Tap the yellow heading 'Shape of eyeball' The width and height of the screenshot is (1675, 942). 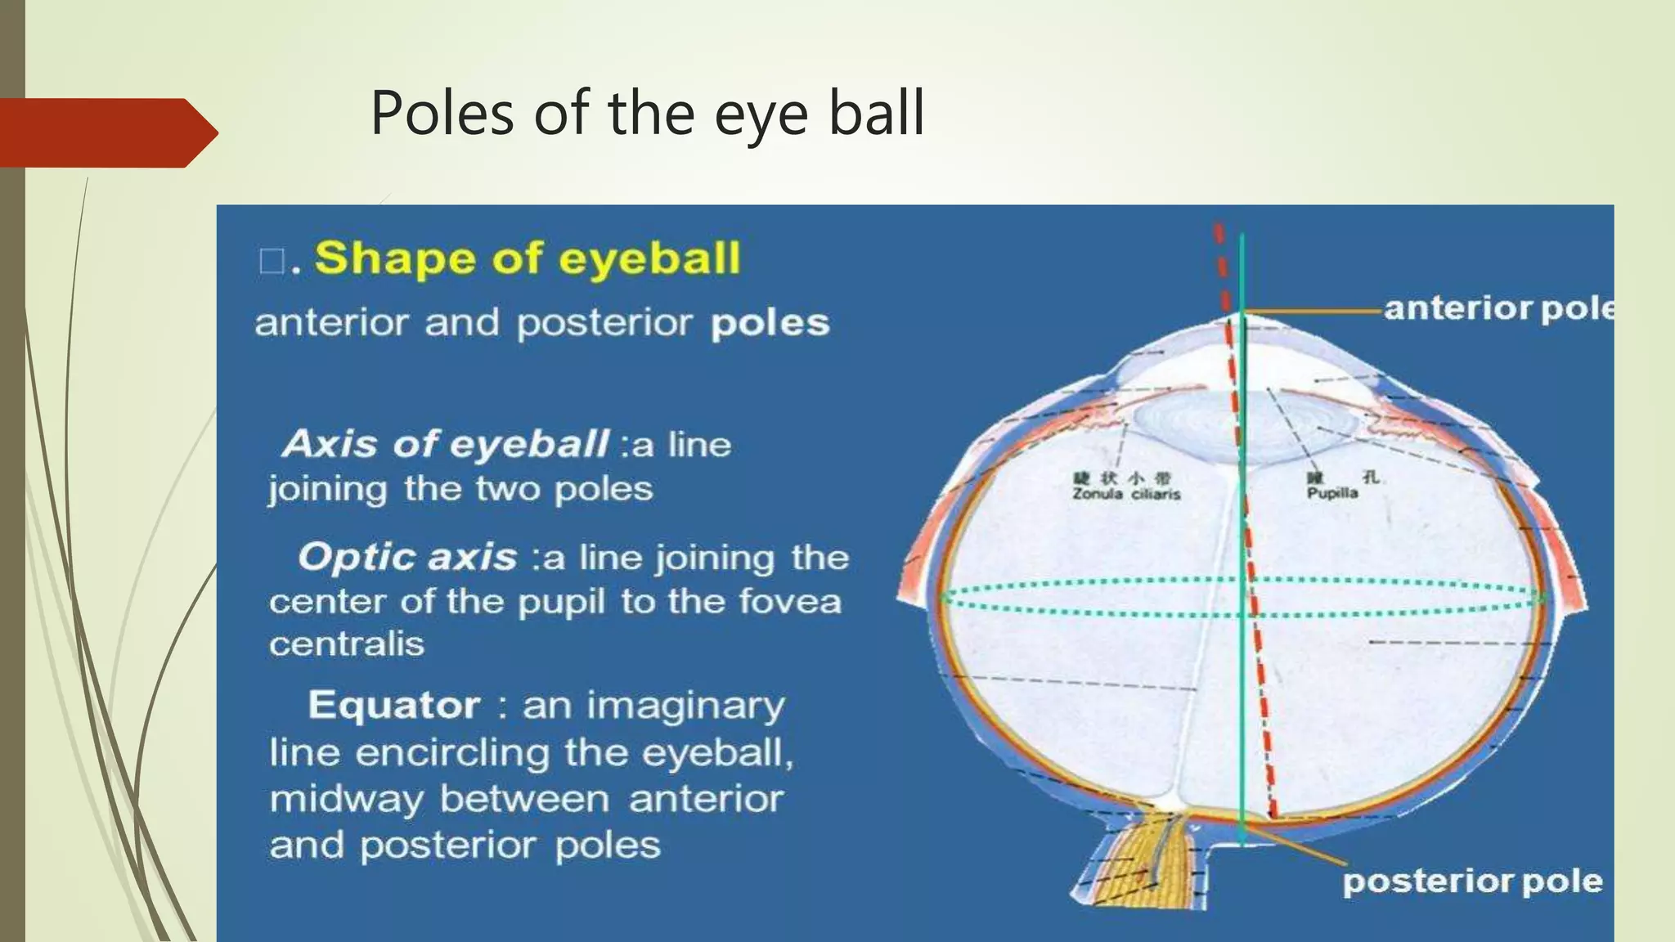pyautogui.click(x=528, y=258)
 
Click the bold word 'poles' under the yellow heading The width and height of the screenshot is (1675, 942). pyautogui.click(x=770, y=323)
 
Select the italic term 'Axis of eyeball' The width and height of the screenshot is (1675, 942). pyautogui.click(x=445, y=445)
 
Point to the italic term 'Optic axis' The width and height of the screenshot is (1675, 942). pyautogui.click(x=407, y=558)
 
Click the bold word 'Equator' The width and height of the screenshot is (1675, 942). pyautogui.click(x=393, y=705)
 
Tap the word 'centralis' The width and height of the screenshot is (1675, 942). pyautogui.click(x=347, y=644)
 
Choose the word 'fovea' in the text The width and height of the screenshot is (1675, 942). pyautogui.click(x=790, y=602)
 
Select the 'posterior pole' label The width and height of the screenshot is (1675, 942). pyautogui.click(x=1472, y=881)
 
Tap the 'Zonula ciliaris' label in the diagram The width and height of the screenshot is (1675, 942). pyautogui.click(x=1126, y=494)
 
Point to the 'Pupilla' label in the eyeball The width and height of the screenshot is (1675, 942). pyautogui.click(x=1331, y=493)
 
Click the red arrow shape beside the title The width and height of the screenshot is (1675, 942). pyautogui.click(x=106, y=132)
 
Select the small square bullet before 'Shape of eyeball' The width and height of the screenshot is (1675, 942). pyautogui.click(x=271, y=262)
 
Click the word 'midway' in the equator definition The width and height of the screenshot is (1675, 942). pyautogui.click(x=346, y=799)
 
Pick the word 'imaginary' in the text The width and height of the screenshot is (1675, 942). pyautogui.click(x=653, y=705)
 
